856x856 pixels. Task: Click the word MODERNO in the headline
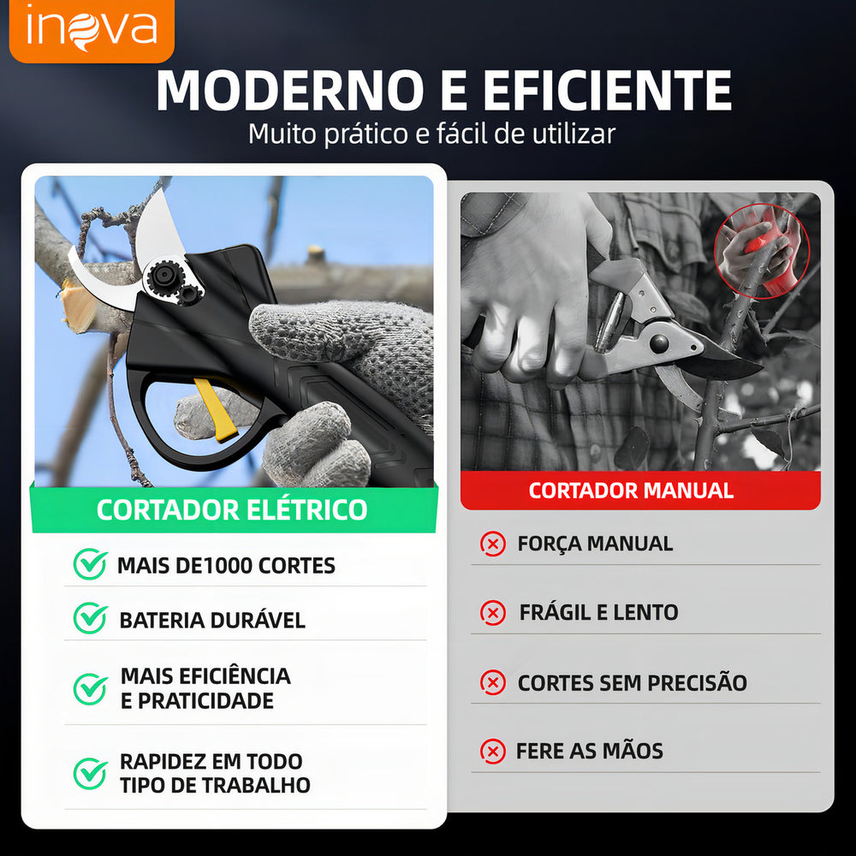point(290,91)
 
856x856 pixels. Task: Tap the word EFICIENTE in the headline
point(607,91)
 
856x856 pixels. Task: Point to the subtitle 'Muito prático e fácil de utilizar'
point(431,134)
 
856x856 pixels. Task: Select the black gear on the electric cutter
point(163,276)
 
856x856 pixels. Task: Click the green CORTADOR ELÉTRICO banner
point(234,509)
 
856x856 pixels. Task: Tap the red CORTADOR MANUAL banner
point(640,490)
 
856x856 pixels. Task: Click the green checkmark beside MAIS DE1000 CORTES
point(90,564)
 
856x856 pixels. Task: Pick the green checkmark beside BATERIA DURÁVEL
point(90,619)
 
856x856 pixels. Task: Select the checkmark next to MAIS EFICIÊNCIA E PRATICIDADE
point(90,689)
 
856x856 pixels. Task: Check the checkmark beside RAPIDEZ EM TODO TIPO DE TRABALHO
point(90,774)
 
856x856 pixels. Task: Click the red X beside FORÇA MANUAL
point(493,544)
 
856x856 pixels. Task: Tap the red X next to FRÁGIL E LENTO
point(493,613)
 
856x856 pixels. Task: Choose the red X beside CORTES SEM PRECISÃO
point(493,682)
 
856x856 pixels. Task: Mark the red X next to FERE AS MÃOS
point(493,752)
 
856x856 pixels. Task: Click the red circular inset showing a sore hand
point(762,251)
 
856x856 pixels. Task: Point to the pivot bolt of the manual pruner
point(659,342)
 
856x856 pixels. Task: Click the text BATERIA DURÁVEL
point(212,620)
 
